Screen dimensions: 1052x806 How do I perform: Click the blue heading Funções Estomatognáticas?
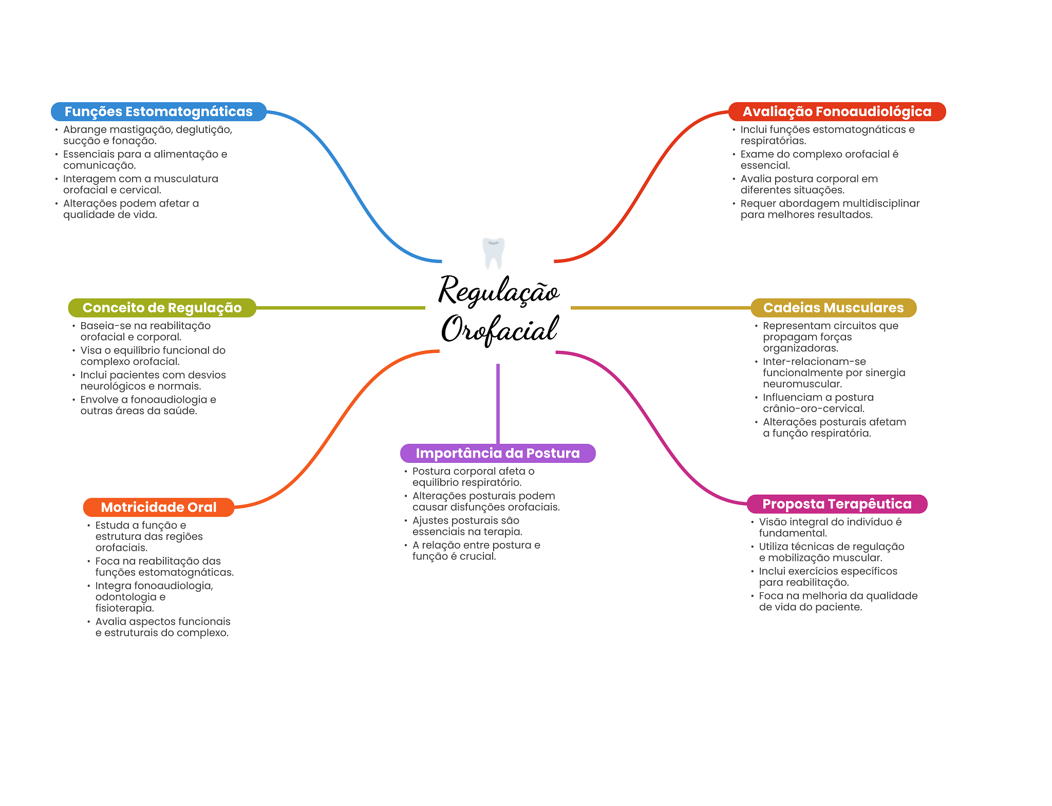tap(159, 111)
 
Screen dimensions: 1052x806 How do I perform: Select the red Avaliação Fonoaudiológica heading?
tap(837, 111)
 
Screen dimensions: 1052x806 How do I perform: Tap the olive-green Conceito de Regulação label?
tap(162, 308)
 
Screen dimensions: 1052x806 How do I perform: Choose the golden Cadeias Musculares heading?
tap(833, 308)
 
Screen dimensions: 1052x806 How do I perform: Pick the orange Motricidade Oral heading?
tap(159, 507)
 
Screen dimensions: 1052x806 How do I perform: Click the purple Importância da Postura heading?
tap(498, 453)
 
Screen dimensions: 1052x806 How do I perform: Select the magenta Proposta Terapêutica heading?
tap(837, 504)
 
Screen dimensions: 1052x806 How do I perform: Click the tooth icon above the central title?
tap(494, 253)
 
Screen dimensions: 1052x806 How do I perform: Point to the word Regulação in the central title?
tap(499, 291)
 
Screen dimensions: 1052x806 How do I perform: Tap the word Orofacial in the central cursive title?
tap(500, 329)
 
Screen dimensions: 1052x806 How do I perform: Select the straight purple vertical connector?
tap(498, 404)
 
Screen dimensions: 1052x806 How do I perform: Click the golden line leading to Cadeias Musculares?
tap(661, 308)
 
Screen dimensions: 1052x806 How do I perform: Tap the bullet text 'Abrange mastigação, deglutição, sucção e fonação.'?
tap(147, 135)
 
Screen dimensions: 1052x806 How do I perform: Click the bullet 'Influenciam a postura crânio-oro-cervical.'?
tap(818, 403)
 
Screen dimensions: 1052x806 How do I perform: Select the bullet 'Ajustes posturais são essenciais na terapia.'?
tap(467, 526)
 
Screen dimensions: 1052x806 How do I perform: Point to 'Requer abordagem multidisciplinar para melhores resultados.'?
tap(830, 209)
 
